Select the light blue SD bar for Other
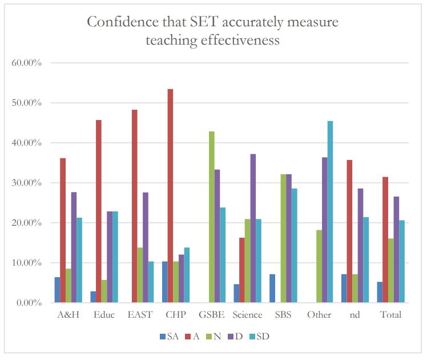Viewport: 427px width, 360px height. point(330,212)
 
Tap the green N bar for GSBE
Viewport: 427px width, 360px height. point(212,217)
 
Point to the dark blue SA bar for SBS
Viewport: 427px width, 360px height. point(272,289)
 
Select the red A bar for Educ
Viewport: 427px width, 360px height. point(99,211)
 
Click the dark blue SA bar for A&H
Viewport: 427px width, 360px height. point(57,290)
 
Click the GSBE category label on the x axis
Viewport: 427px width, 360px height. point(212,315)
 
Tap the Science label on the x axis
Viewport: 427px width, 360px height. point(247,315)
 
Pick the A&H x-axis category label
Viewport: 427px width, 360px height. point(69,315)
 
